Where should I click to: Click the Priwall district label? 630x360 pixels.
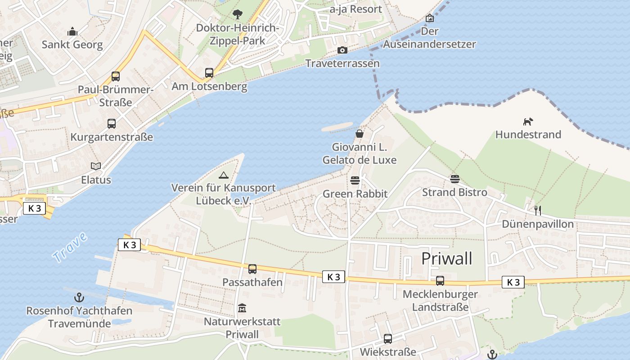coord(447,259)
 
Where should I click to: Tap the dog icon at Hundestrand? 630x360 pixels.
coord(528,121)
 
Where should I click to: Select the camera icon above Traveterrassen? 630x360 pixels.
coord(342,50)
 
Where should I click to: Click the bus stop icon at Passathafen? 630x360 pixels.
coord(252,269)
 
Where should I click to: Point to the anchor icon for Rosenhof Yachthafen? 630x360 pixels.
coord(79,297)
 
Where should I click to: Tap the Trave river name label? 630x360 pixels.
coord(69,247)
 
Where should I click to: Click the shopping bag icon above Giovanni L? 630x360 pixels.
coord(360,134)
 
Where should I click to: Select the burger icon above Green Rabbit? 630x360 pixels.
coord(355,181)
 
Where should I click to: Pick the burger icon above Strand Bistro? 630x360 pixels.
coord(454,179)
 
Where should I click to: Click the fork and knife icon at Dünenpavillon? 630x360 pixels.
coord(537,210)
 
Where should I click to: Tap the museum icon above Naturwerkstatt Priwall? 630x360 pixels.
coord(242,308)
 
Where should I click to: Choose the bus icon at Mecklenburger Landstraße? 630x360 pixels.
coord(440,281)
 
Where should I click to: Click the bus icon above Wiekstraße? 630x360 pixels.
coord(388,338)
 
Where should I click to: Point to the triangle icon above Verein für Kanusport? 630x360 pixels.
coord(223,175)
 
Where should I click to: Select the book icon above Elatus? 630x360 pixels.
coord(96,166)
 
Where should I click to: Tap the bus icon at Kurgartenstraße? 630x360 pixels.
coord(112,124)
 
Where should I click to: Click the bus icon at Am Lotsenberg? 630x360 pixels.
coord(209,72)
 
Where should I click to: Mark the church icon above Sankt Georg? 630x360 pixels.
coord(72,31)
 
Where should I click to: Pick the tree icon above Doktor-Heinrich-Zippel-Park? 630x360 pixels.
coord(237,14)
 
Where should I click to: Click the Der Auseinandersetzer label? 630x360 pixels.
coord(429,38)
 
